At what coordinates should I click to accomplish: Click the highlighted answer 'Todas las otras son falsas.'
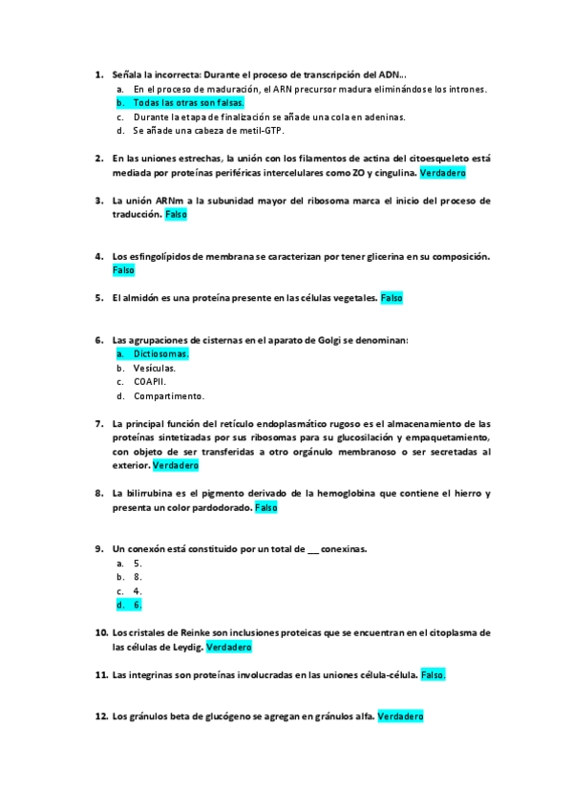(188, 103)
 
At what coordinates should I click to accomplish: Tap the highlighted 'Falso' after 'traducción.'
(176, 216)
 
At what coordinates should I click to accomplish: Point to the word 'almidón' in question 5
(143, 298)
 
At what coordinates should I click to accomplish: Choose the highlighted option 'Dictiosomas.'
(160, 353)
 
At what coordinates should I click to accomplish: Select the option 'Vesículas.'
(154, 368)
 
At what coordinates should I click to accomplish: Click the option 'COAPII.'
(150, 382)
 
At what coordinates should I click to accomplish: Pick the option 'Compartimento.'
(168, 395)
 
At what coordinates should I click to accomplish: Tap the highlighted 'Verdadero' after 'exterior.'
(176, 466)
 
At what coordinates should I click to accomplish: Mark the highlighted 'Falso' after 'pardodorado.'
(266, 508)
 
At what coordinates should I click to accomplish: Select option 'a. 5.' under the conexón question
(138, 564)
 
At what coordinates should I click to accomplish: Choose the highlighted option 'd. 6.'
(138, 605)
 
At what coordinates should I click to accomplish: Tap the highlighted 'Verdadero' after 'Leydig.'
(229, 647)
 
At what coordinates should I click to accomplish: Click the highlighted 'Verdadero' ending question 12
(400, 716)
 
